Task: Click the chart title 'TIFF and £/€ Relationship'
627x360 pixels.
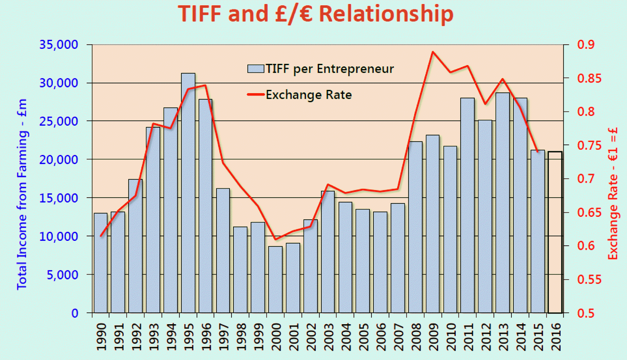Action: coord(315,14)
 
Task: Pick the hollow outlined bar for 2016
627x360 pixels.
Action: coord(555,232)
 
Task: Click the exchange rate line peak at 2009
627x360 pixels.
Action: coord(433,52)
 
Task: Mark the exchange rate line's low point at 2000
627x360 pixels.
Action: coord(275,239)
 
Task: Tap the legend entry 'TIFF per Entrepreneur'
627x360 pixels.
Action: coord(321,69)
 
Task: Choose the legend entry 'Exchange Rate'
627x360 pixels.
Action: coord(300,95)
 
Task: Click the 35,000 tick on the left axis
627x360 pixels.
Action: coord(59,44)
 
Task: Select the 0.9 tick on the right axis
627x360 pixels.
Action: coord(585,44)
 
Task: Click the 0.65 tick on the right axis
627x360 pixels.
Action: coord(589,212)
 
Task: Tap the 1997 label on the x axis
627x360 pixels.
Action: coord(223,336)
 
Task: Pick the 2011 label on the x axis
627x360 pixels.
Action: coord(468,336)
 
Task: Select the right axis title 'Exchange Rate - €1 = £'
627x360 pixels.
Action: coord(613,194)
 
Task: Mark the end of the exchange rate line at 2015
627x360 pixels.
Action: coord(537,152)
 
